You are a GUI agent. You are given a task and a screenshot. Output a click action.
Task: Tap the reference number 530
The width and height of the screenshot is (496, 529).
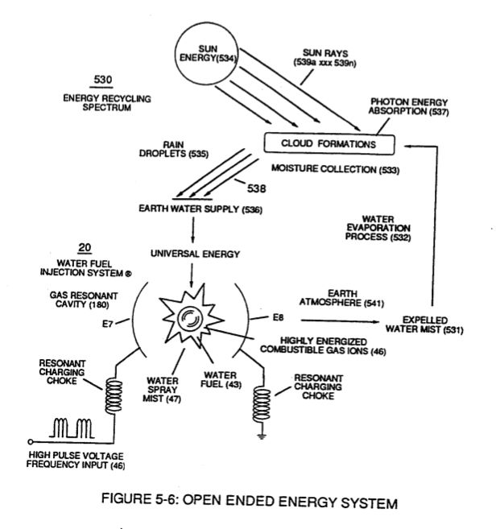point(102,80)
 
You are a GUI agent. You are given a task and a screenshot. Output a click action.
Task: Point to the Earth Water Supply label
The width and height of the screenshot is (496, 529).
point(200,209)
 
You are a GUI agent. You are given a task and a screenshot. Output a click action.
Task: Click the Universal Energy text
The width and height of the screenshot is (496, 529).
point(195,254)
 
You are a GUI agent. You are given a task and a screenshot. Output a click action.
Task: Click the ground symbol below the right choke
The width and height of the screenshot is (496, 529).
point(262,436)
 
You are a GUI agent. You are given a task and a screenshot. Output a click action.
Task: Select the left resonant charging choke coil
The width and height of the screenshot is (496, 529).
point(114,395)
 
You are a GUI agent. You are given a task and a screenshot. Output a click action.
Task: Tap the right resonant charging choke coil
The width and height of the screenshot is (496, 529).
point(262,404)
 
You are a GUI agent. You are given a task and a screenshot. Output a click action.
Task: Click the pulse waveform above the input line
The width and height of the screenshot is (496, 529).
point(72,428)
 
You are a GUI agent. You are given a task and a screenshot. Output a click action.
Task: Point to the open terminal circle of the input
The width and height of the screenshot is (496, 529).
point(30,441)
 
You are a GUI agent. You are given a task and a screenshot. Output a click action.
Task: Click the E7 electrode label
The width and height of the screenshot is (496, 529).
point(107,324)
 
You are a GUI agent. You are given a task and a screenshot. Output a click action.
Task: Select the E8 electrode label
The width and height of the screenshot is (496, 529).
point(278,317)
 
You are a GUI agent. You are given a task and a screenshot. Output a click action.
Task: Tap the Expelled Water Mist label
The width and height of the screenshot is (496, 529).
point(424,325)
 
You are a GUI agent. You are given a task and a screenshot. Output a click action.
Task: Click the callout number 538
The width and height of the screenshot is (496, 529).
point(256,188)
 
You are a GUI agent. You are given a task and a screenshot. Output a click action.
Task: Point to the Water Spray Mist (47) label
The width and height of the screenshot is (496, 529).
point(162,390)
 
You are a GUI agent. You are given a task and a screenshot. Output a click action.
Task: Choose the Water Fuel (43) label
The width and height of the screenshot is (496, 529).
point(221,379)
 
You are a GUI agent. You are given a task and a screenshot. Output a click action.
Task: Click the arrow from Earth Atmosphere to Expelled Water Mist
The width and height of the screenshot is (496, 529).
point(340,320)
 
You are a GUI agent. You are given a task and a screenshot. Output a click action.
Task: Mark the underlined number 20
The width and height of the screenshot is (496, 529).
point(85,248)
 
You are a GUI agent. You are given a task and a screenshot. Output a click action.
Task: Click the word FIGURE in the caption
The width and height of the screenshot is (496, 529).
point(127,498)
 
